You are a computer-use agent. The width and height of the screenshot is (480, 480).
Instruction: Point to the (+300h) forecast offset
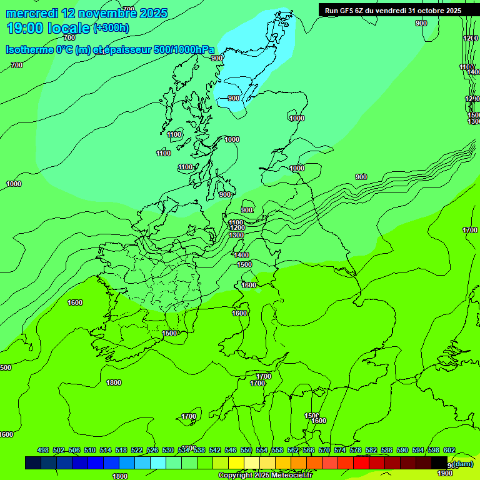click(111, 28)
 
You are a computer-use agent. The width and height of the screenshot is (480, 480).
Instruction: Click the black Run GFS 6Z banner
click(390, 10)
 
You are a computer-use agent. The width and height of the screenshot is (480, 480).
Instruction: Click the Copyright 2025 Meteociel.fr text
click(265, 476)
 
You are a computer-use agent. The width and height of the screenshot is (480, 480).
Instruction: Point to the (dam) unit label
click(462, 464)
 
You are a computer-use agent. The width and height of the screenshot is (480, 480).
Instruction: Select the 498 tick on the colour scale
click(43, 450)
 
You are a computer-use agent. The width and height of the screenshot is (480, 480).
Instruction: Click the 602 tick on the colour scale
click(449, 450)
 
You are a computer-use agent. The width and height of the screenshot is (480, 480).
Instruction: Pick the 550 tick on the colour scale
click(246, 450)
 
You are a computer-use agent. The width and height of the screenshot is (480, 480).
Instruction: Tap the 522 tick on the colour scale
click(137, 450)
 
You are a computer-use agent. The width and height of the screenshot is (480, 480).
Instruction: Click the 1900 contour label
click(445, 473)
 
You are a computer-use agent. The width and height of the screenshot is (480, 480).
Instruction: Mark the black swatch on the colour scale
click(439, 462)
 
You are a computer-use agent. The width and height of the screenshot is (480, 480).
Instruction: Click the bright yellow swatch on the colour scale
click(236, 462)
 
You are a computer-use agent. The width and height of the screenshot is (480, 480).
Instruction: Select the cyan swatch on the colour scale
click(158, 462)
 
